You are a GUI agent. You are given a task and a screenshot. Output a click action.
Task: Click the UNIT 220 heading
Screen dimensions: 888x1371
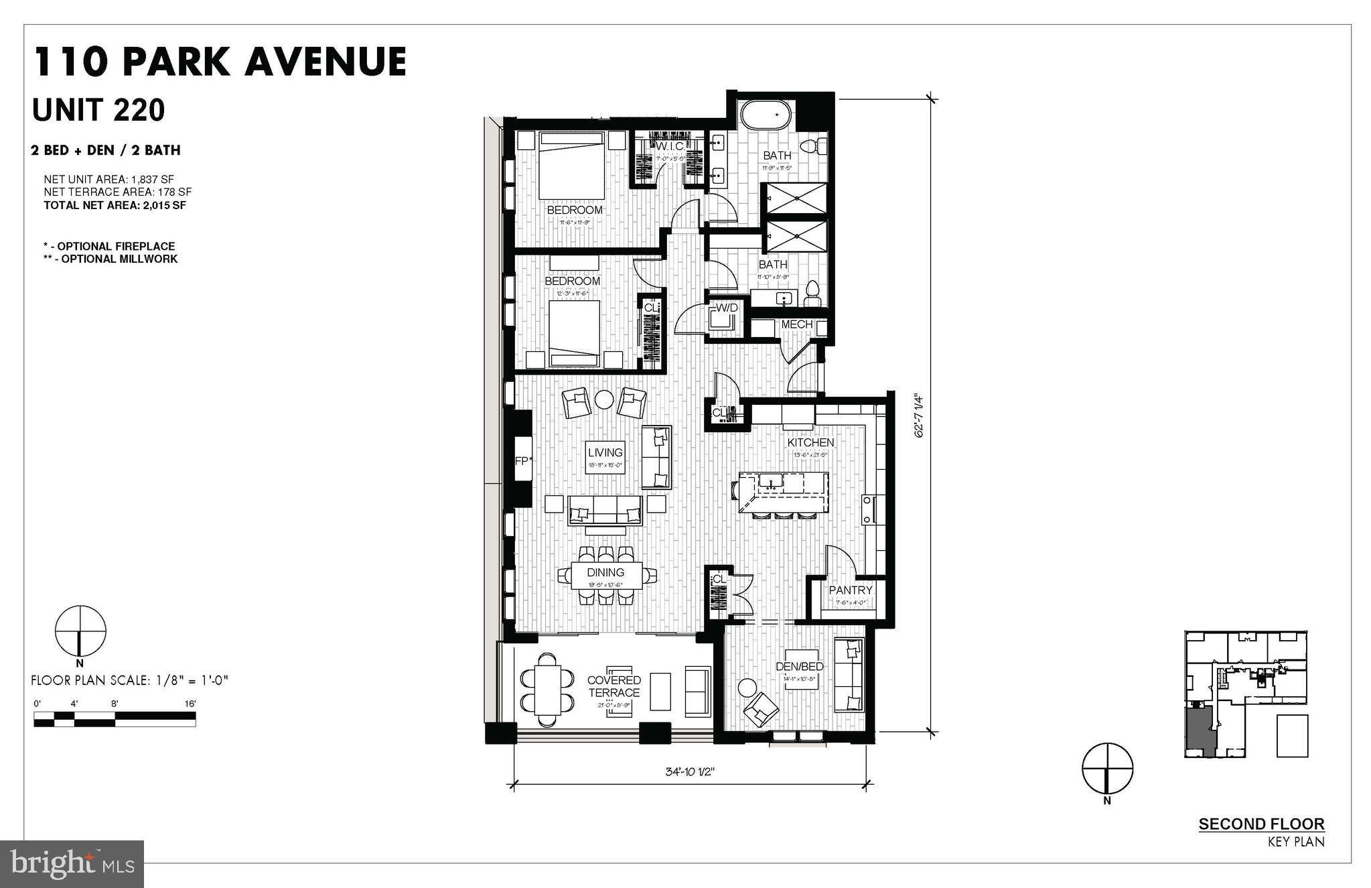[98, 110]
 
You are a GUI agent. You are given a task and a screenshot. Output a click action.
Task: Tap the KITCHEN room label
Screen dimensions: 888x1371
[810, 442]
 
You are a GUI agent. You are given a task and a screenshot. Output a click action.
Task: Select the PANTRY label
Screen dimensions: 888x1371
[851, 590]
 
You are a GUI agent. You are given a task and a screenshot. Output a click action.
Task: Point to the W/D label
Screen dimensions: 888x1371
[727, 308]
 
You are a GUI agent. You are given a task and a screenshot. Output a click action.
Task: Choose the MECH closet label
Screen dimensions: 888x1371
[796, 324]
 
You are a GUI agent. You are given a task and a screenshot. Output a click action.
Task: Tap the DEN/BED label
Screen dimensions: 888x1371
[799, 666]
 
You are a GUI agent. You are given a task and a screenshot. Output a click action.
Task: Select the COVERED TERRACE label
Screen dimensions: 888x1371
[614, 686]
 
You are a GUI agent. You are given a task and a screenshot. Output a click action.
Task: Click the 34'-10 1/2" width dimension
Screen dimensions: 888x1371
[690, 771]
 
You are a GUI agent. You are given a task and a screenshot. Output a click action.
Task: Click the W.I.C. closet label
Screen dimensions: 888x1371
[669, 146]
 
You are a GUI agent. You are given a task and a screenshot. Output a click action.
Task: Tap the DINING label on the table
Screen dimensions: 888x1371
[605, 572]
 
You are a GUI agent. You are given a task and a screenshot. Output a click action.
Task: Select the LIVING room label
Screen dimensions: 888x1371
[605, 452]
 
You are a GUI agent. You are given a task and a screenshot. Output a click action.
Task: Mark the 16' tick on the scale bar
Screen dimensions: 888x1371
[191, 704]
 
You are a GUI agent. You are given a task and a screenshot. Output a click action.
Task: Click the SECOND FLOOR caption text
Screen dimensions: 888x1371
[1261, 824]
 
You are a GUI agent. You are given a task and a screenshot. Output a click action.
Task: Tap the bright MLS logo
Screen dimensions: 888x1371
[72, 864]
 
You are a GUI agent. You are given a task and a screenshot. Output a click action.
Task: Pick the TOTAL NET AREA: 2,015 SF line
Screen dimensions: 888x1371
[115, 205]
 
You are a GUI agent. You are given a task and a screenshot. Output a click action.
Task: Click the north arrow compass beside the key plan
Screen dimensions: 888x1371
[1108, 768]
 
